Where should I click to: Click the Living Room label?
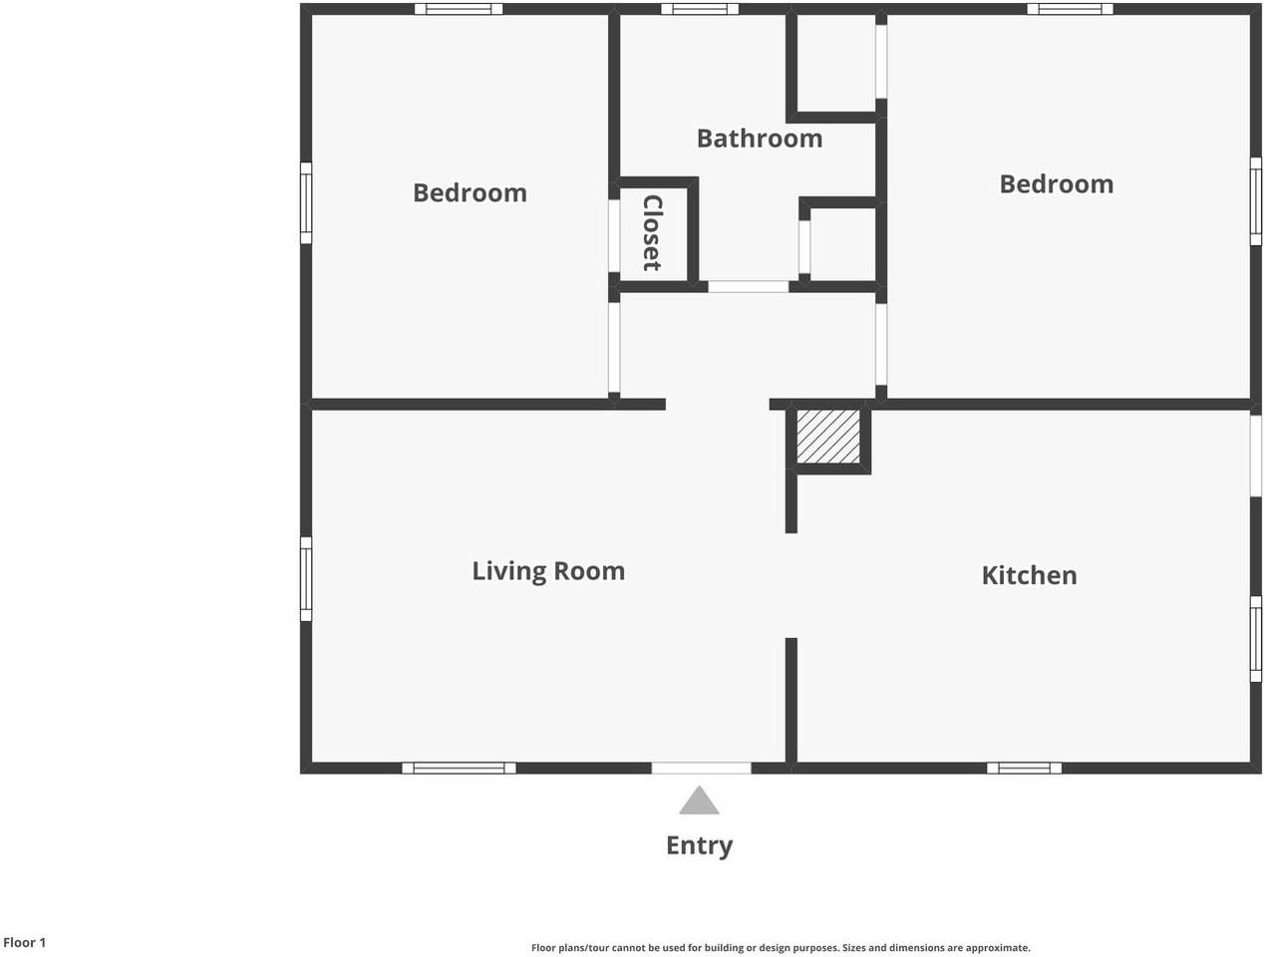548,572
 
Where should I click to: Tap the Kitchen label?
1029,575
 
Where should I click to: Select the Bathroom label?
760,139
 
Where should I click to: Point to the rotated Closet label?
653,232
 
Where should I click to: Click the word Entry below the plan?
699,846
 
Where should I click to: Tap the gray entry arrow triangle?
699,799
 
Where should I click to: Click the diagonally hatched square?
828,436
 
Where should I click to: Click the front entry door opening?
702,768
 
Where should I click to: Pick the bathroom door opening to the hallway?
748,287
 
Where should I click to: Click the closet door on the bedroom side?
614,236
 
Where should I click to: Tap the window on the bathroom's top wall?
700,9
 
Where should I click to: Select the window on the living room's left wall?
306,579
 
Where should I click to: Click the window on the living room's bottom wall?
459,768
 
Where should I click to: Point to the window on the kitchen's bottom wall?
1024,768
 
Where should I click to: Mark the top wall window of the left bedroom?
459,9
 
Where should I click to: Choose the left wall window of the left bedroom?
306,202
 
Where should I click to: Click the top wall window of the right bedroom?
1070,9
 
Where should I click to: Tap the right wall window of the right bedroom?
1255,201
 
